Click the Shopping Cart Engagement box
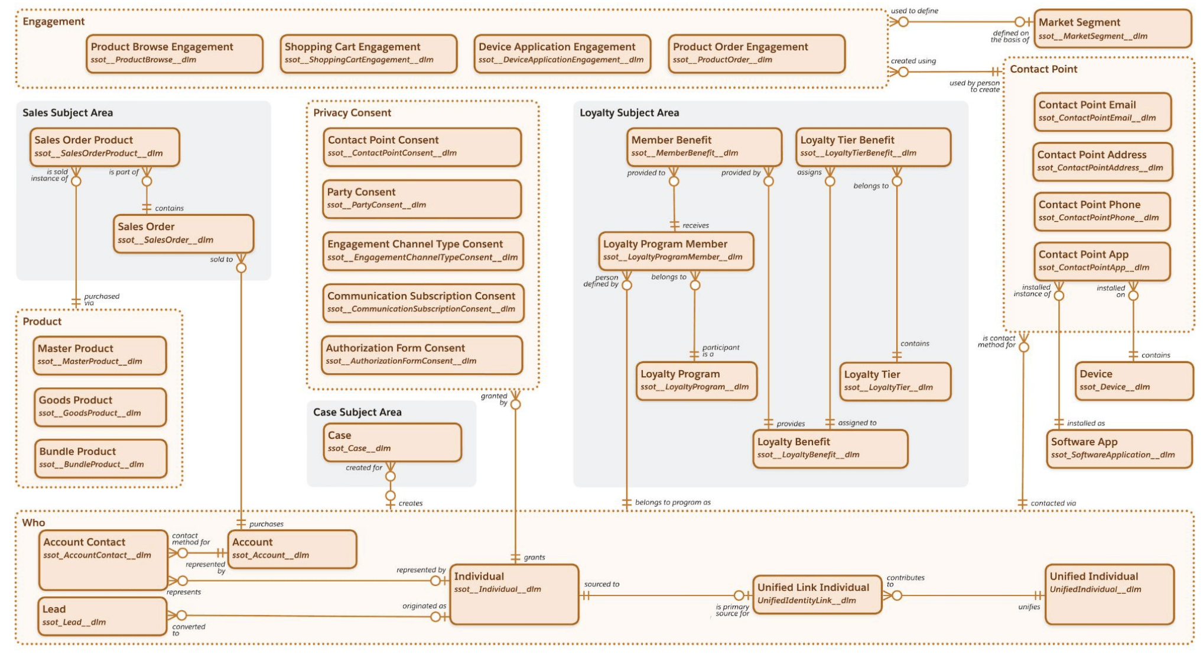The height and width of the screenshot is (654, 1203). click(x=368, y=53)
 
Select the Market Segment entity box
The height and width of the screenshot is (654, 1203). click(x=1111, y=28)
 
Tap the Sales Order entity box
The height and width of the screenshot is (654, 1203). click(x=183, y=234)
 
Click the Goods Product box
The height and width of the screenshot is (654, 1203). click(x=100, y=407)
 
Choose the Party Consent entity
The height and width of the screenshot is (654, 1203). click(x=422, y=199)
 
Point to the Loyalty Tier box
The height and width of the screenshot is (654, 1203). click(x=895, y=381)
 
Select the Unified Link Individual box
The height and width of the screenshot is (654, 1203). click(x=817, y=594)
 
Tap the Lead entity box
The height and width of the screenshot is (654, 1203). click(x=102, y=616)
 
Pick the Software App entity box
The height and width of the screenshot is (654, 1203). click(x=1119, y=448)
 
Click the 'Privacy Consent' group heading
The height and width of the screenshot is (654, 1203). click(x=352, y=113)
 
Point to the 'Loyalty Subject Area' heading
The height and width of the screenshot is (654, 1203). click(x=629, y=113)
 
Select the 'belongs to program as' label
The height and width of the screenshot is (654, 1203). click(x=672, y=503)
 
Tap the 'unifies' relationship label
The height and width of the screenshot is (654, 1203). click(x=1029, y=607)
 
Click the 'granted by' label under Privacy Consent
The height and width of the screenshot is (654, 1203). click(x=495, y=399)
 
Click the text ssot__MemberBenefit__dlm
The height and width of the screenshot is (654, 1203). click(x=684, y=153)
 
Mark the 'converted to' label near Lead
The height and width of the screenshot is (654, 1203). click(x=188, y=630)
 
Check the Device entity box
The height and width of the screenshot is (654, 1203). click(x=1133, y=380)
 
